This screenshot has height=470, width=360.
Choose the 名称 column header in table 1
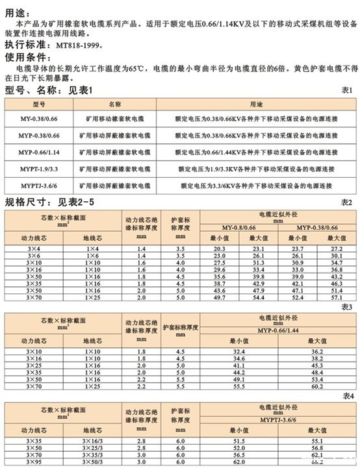click(x=115, y=104)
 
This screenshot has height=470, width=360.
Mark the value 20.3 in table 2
click(x=218, y=249)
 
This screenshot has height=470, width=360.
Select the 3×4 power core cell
click(x=33, y=249)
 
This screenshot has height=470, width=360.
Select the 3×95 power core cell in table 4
click(x=33, y=464)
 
